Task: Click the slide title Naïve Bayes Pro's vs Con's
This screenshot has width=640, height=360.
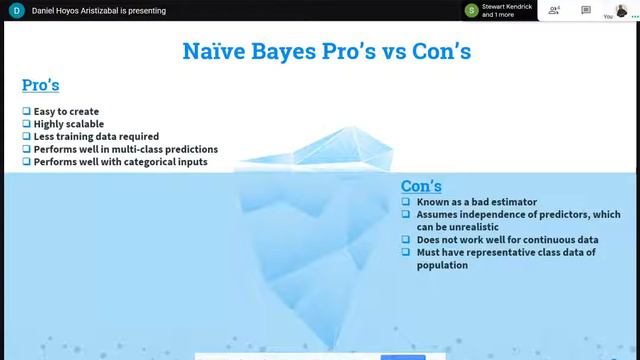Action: point(326,50)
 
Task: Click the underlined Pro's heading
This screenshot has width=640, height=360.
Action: point(41,85)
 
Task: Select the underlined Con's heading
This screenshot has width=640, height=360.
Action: point(421,186)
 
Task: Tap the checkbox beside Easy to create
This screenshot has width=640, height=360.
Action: point(26,111)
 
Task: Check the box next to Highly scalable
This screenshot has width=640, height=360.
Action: point(26,124)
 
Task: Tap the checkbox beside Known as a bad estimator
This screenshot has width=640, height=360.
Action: point(406,202)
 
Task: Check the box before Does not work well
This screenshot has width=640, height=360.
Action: point(406,240)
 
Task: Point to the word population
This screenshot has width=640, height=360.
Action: point(442,265)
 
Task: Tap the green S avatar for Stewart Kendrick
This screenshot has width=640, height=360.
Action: point(471,11)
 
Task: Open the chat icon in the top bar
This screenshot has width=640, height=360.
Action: point(586,11)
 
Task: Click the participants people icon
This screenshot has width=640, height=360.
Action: point(553,11)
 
